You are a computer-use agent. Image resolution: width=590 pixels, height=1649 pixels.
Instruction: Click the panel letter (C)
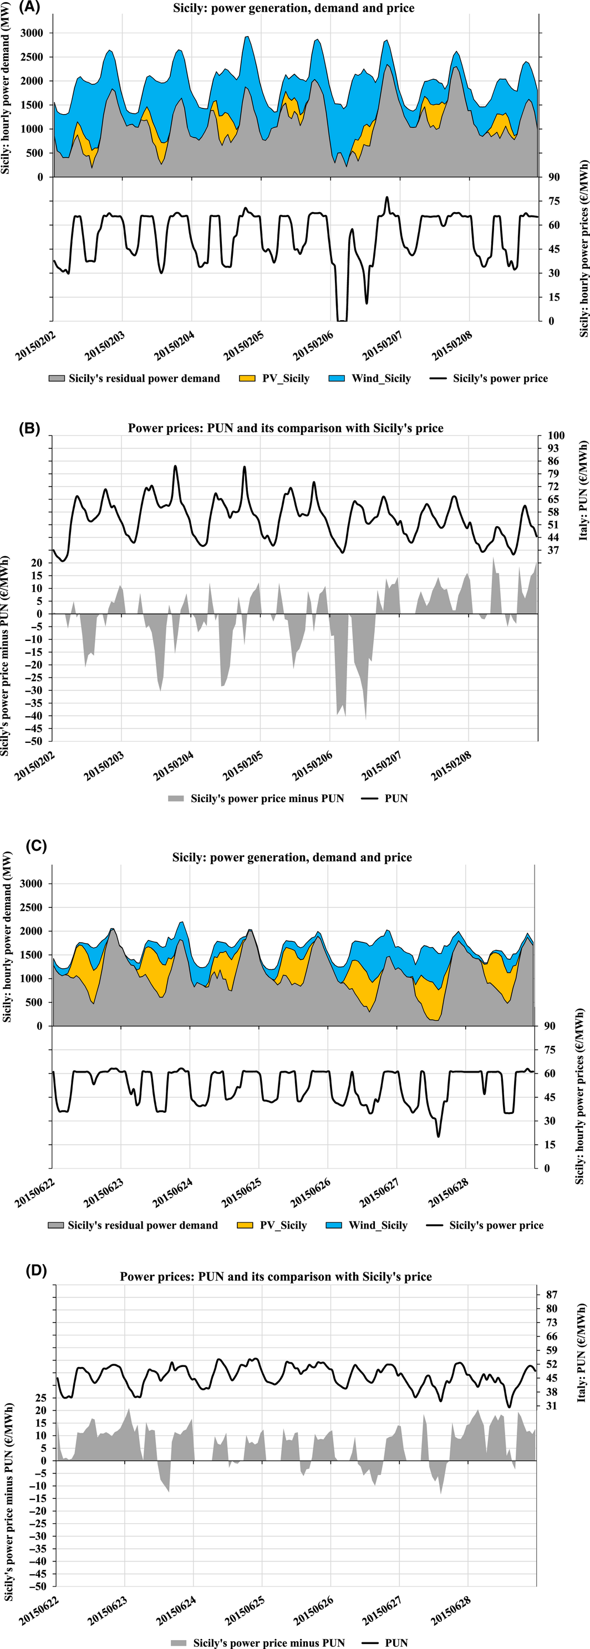[36, 846]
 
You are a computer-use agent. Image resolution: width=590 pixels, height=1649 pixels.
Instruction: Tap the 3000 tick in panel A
[32, 33]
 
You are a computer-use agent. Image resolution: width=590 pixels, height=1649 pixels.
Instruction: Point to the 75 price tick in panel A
[553, 201]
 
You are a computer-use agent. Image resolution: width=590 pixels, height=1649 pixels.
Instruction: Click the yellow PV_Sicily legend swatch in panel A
[247, 378]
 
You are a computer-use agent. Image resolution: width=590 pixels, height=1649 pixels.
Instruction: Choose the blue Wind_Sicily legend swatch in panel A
[337, 378]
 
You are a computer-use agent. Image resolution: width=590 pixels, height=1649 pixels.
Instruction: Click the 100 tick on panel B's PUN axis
[556, 435]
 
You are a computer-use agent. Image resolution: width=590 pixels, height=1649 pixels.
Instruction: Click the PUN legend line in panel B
[370, 798]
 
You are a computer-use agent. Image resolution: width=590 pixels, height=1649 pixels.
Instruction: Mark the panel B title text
[285, 428]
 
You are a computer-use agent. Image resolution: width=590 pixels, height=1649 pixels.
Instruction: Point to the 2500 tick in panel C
[30, 907]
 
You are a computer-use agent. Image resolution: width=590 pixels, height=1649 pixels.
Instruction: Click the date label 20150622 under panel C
[35, 1193]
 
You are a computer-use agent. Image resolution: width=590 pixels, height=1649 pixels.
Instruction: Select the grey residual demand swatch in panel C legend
[57, 1225]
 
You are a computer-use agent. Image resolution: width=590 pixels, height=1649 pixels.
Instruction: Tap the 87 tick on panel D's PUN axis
[552, 1294]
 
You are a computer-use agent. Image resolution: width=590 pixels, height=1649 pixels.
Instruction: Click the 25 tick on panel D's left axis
[40, 1398]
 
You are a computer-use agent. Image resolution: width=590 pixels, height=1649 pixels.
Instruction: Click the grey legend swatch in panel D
[179, 1642]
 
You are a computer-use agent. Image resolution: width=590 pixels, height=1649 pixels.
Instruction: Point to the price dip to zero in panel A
[342, 320]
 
